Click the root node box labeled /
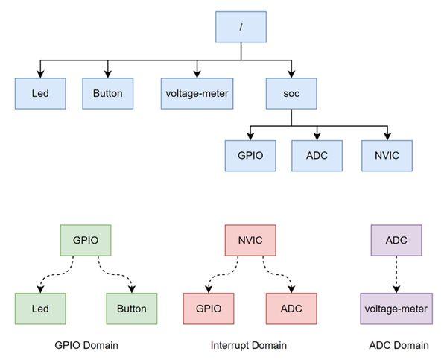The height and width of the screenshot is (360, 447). pyautogui.click(x=241, y=26)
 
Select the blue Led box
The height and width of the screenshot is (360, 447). pyautogui.click(x=40, y=94)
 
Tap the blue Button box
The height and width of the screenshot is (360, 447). pyautogui.click(x=107, y=94)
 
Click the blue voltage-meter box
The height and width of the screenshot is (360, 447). pyautogui.click(x=197, y=94)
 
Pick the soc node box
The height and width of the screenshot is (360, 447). pyautogui.click(x=291, y=94)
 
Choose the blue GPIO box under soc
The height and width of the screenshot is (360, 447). pyautogui.click(x=250, y=155)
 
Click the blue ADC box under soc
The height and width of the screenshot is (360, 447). pyautogui.click(x=317, y=155)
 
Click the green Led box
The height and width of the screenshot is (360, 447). pyautogui.click(x=40, y=308)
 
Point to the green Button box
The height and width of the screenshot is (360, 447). pyautogui.click(x=132, y=308)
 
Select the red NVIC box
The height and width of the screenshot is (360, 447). pyautogui.click(x=250, y=241)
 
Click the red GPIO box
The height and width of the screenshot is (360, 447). pyautogui.click(x=208, y=308)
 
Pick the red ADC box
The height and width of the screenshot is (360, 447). pyautogui.click(x=291, y=308)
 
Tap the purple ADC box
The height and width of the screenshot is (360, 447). pyautogui.click(x=396, y=241)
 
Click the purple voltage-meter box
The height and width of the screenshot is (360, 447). pyautogui.click(x=396, y=308)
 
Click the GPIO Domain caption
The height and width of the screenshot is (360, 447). pyautogui.click(x=86, y=345)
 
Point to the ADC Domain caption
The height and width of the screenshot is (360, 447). pyautogui.click(x=399, y=345)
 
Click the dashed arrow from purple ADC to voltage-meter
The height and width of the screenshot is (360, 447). pyautogui.click(x=396, y=274)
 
